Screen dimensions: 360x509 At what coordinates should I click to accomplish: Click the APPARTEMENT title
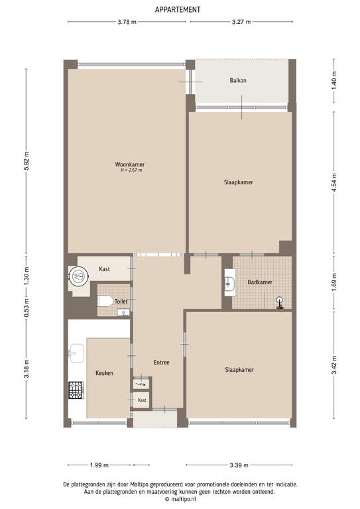pos(178,10)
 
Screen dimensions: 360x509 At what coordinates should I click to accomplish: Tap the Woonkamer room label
pos(130,164)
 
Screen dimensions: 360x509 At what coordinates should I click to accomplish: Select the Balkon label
pos(238,80)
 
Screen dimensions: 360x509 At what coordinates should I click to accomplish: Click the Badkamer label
pos(260,282)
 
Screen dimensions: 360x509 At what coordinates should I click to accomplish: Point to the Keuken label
pos(105,373)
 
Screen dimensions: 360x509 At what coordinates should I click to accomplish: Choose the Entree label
pos(161,363)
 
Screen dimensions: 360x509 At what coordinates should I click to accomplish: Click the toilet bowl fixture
pos(105,302)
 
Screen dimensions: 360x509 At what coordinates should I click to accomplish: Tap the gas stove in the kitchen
pos(76,390)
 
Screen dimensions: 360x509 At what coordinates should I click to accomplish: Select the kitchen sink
pos(77,353)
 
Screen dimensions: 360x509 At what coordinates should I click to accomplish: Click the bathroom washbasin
pos(230,283)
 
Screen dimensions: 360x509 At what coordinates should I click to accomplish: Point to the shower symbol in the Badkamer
pos(280,303)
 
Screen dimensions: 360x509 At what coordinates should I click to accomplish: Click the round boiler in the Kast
pos(78,276)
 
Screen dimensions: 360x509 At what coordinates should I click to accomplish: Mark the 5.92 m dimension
pos(27,160)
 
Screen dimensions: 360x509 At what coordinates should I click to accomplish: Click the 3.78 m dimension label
pos(127,22)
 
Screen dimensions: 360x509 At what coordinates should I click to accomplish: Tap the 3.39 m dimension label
pos(239,465)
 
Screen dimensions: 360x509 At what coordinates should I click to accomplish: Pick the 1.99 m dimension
pos(99,465)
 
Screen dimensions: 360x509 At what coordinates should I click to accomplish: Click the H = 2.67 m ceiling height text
pos(131,170)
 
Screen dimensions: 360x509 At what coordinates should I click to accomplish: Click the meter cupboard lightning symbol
pos(141,384)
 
